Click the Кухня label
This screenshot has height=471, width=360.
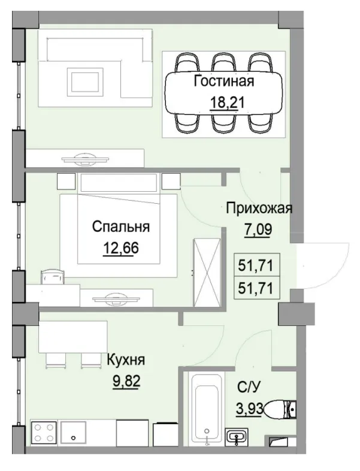click(126, 361)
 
